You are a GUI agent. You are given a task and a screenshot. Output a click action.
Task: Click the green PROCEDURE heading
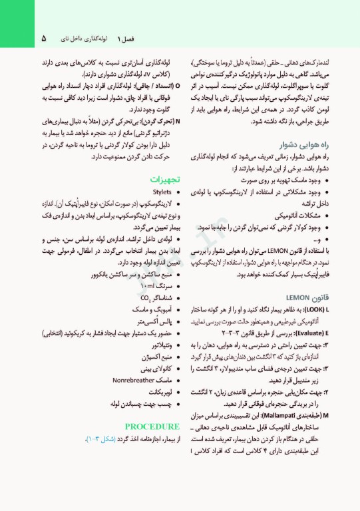tap(152, 426)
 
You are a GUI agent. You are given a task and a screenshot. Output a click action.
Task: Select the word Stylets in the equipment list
tap(162, 192)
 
